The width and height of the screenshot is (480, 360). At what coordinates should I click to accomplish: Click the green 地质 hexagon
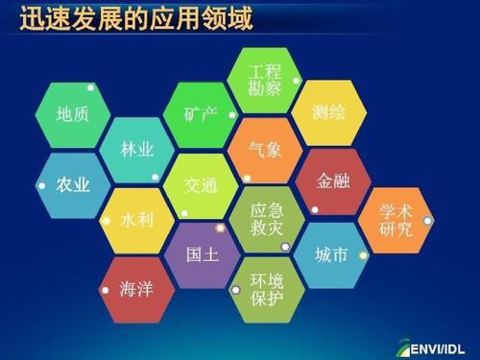(73, 114)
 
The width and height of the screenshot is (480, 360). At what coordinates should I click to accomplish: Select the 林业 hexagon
(136, 150)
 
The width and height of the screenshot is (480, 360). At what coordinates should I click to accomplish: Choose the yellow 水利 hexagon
(136, 220)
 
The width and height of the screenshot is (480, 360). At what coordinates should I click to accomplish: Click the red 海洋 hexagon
(136, 288)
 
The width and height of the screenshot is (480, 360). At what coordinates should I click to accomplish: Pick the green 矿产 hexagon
(201, 114)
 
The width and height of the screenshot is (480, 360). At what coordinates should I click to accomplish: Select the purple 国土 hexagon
(201, 255)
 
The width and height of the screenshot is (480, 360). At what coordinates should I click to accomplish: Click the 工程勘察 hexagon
(265, 80)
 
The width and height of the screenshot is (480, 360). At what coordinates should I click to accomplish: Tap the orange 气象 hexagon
(265, 150)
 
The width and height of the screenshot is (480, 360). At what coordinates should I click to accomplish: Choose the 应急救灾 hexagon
(265, 219)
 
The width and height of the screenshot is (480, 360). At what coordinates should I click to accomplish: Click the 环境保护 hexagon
(265, 289)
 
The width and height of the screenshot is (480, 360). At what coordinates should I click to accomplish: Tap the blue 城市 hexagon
(329, 254)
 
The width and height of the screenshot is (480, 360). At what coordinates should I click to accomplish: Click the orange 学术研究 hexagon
(395, 220)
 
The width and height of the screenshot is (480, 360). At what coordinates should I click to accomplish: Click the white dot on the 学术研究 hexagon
(427, 220)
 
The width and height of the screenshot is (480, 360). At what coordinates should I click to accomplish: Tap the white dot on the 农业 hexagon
(41, 184)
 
